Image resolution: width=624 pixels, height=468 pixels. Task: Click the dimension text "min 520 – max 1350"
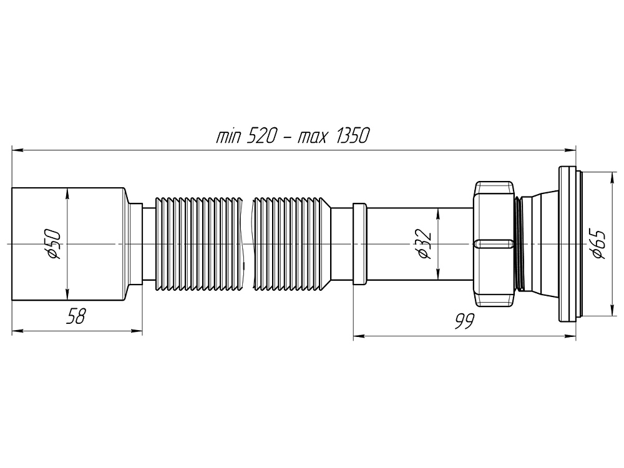[x=293, y=136]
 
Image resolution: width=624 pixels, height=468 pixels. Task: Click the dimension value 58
[x=76, y=318]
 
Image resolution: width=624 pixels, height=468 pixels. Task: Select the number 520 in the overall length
[x=259, y=136]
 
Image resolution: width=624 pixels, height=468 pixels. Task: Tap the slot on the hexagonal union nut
[x=493, y=243]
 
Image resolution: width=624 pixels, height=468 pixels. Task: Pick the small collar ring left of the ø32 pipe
[x=360, y=244]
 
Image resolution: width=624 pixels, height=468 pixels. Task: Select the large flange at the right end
[x=567, y=244]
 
